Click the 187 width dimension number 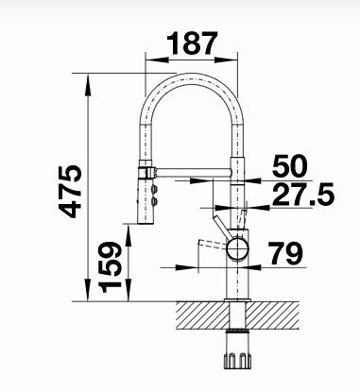pyautogui.click(x=192, y=43)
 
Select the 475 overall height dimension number pyautogui.click(x=70, y=192)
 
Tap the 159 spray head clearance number pyautogui.click(x=110, y=267)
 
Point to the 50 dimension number pyautogui.click(x=289, y=165)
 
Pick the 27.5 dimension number pyautogui.click(x=303, y=195)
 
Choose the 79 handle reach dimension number pyautogui.click(x=286, y=253)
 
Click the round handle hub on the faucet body pyautogui.click(x=238, y=247)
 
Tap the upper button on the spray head pyautogui.click(x=154, y=189)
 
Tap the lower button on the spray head pyautogui.click(x=154, y=202)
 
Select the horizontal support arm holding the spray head pyautogui.click(x=194, y=173)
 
